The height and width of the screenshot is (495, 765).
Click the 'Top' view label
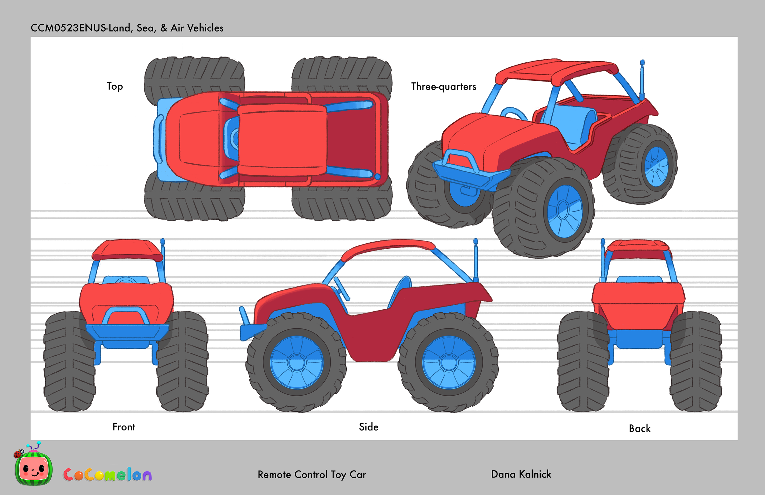(115, 87)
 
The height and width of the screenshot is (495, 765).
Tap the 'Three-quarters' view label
(444, 87)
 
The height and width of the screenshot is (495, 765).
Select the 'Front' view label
(124, 427)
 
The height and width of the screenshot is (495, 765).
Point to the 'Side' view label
(369, 427)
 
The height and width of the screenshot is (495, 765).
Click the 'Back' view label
(640, 429)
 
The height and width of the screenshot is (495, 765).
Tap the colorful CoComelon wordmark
(107, 475)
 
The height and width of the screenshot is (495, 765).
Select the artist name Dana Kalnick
(521, 474)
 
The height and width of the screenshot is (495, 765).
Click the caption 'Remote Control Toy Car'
(312, 475)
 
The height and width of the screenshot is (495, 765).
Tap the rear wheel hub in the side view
(449, 363)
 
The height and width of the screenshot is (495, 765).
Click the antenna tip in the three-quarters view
(642, 62)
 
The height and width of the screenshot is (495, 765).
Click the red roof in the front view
(128, 249)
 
